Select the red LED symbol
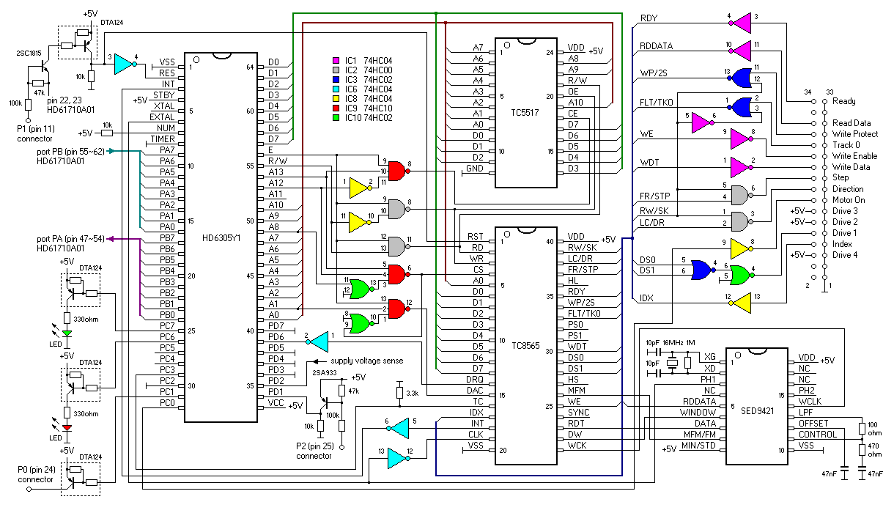pos(67,428)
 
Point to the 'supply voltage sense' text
pos(366,361)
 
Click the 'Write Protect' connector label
pos(856,134)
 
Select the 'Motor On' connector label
pos(849,200)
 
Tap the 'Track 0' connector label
pos(847,145)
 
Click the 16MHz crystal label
pos(673,342)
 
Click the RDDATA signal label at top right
pos(656,45)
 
